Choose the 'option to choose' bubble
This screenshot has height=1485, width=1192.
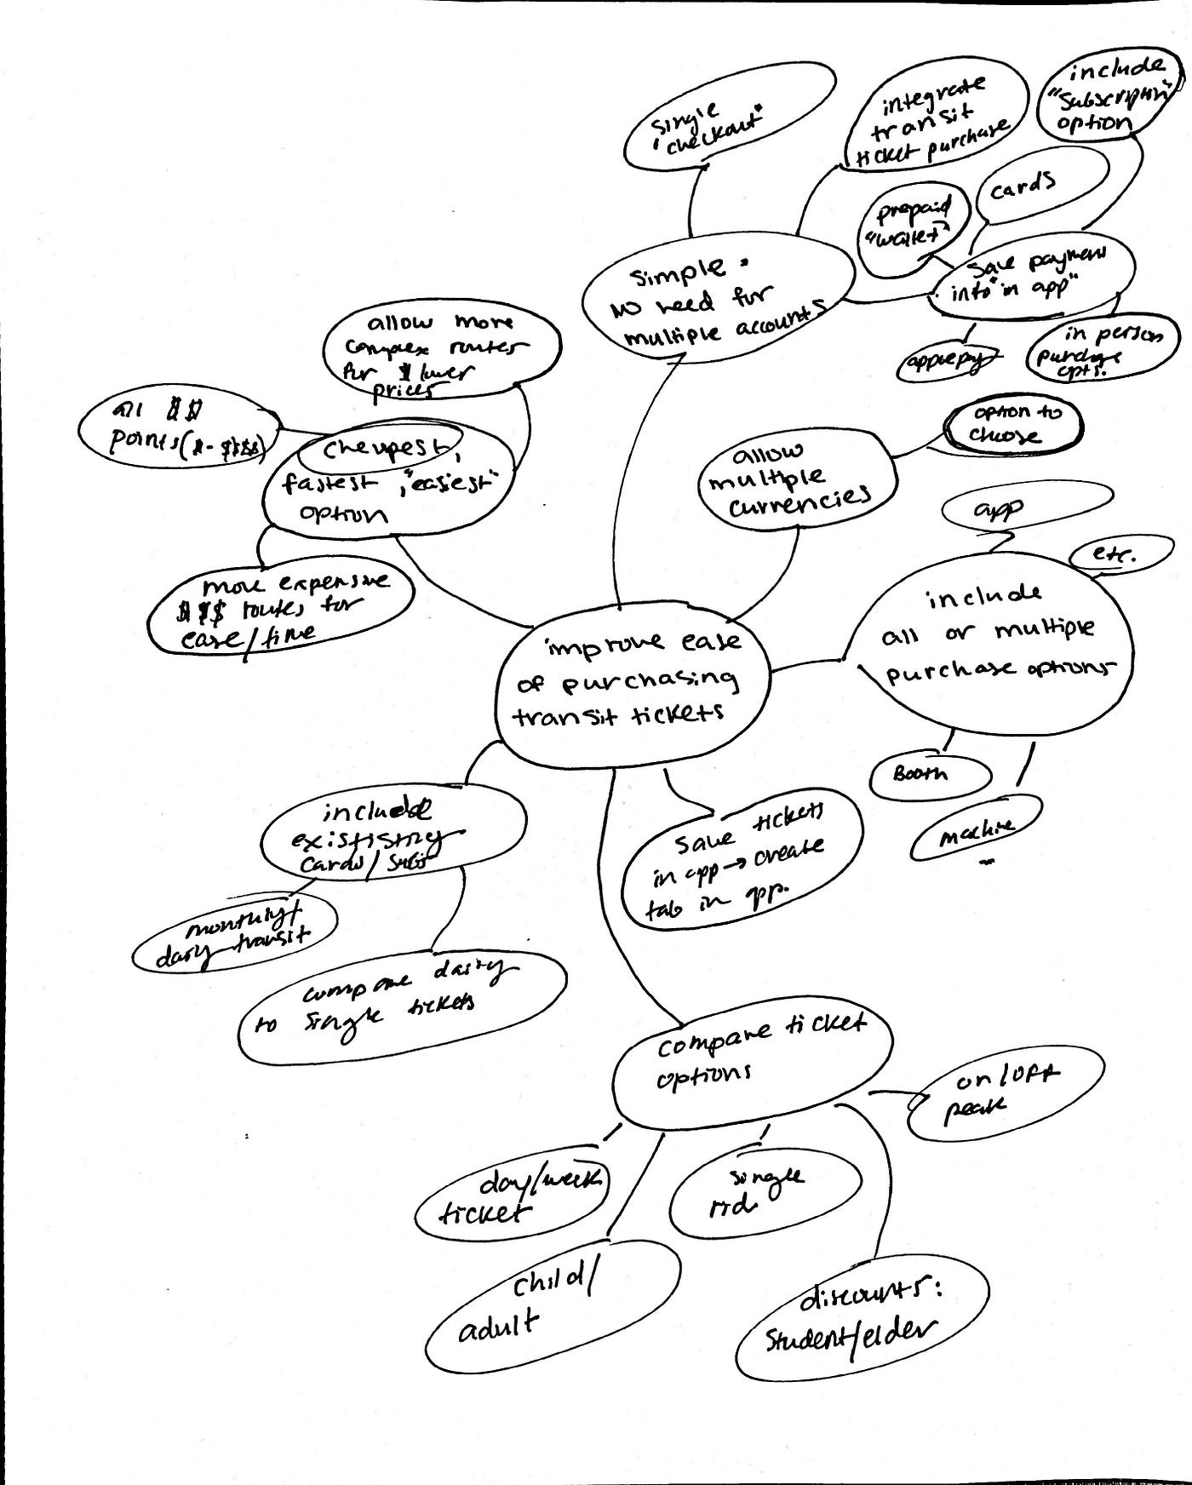coord(1013,424)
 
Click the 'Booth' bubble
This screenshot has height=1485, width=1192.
coord(930,775)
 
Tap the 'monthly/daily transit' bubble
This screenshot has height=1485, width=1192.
coord(234,934)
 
